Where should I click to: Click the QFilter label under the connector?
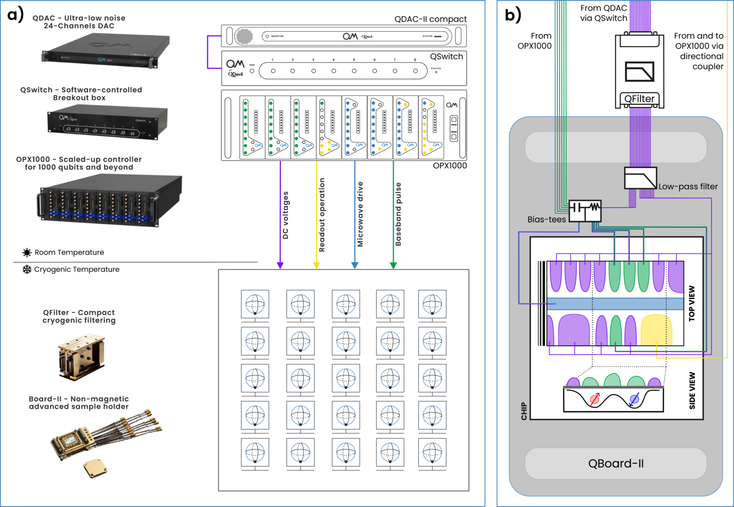tap(639, 99)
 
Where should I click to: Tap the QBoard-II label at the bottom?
tap(615, 464)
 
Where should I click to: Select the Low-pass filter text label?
tap(688, 187)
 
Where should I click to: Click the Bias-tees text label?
tap(546, 219)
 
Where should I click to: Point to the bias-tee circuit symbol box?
tap(585, 211)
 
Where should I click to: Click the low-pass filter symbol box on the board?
tap(640, 178)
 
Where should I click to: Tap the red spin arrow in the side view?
tap(594, 399)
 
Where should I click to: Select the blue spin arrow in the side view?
tap(634, 399)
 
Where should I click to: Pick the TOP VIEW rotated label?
tap(691, 303)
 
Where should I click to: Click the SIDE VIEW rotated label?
tap(692, 390)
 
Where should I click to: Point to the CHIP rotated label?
tap(524, 411)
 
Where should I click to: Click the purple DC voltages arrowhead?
tap(281, 265)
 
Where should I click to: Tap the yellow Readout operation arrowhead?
tap(316, 265)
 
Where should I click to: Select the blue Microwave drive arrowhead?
tap(355, 265)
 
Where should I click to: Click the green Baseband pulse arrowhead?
tap(393, 265)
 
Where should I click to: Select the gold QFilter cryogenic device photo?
tap(81, 355)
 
